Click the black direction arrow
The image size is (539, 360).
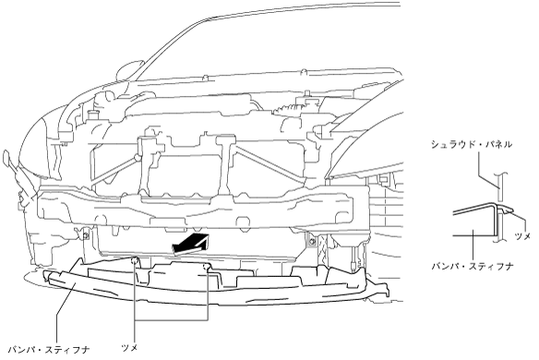point(190,244)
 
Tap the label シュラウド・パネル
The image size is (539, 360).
point(472,144)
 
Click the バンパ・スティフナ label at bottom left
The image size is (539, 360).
point(49,350)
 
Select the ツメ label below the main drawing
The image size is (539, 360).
point(130,348)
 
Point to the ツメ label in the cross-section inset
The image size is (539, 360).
point(522,236)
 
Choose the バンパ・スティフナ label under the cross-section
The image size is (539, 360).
point(473,266)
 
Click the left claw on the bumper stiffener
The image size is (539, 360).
point(135,260)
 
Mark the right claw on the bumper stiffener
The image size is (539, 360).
point(207,267)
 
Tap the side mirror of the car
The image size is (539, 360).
point(130,70)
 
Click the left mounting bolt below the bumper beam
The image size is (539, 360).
point(85,235)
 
